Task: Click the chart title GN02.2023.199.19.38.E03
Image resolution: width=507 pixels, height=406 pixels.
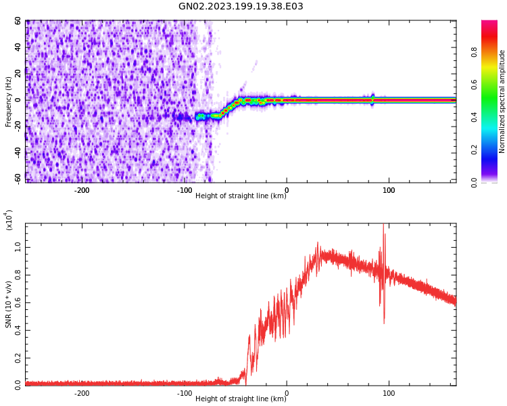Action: [241, 7]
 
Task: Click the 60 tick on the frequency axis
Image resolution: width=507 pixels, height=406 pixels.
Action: [17, 21]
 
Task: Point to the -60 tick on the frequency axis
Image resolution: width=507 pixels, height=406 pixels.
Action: [16, 179]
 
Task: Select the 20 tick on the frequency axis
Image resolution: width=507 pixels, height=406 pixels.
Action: [17, 74]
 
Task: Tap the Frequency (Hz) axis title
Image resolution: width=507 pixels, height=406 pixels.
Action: [8, 101]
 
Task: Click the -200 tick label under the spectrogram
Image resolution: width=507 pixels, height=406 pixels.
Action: [81, 190]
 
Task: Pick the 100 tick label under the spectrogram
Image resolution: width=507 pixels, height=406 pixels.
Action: [389, 190]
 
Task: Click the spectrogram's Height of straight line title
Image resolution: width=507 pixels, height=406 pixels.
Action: [241, 196]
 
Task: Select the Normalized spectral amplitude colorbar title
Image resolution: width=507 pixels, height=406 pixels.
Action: [502, 101]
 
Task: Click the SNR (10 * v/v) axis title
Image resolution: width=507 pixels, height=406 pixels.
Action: [8, 304]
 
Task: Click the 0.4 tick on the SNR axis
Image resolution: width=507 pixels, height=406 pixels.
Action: [18, 330]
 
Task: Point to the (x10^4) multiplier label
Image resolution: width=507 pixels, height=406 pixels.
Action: [9, 220]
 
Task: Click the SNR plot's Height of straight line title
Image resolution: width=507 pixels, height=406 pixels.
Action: [241, 399]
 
